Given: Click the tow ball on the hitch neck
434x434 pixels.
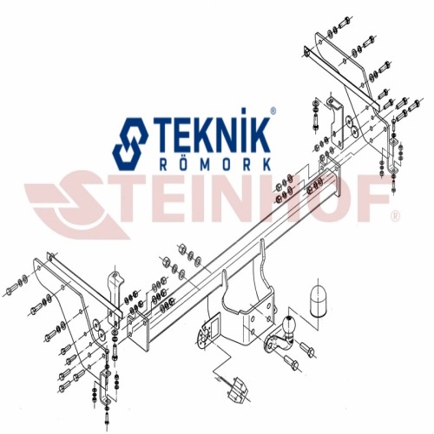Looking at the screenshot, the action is [x=288, y=323].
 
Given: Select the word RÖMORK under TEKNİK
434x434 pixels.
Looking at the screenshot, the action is [x=215, y=164].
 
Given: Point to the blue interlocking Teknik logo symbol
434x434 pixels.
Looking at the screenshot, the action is [x=130, y=143].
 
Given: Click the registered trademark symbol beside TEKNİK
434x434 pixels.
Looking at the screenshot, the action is [x=273, y=110].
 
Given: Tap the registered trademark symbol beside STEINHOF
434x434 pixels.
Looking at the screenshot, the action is [x=396, y=215].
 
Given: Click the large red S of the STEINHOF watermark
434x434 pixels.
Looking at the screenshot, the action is [x=78, y=205].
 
